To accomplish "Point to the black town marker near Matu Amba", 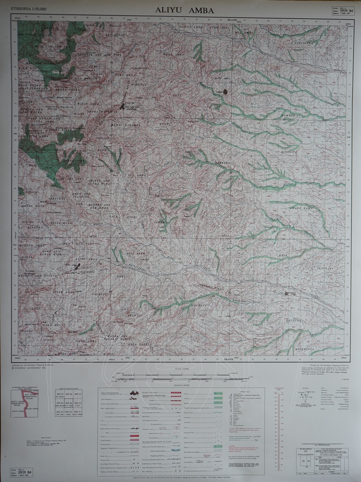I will pyautogui.click(x=226, y=92).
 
